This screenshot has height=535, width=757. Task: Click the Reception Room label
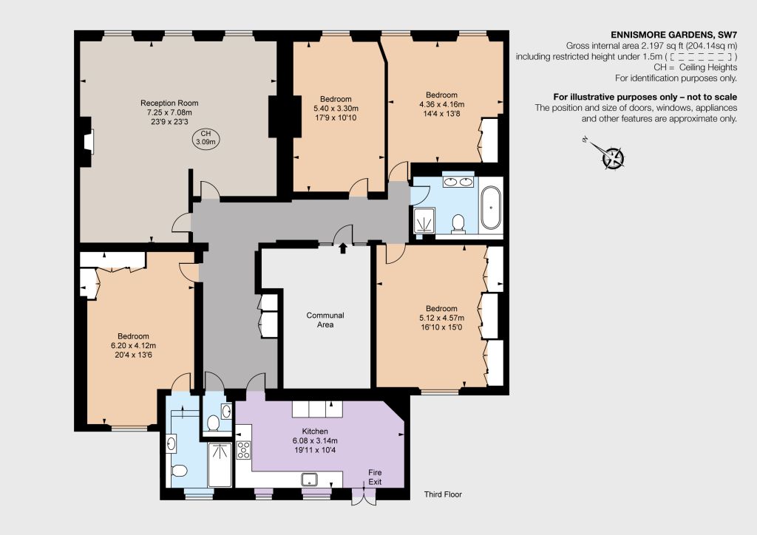tap(169, 103)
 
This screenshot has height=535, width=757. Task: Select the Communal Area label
tap(325, 320)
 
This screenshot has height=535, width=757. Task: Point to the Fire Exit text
tap(375, 477)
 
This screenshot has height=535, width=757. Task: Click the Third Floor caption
tap(444, 494)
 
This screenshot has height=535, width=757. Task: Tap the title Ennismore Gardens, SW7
tap(674, 35)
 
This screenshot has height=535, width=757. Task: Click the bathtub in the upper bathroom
tap(491, 208)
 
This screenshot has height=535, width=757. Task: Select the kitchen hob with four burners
tap(243, 449)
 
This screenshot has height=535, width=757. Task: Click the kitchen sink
tap(310, 479)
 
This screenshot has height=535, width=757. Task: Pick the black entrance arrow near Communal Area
tap(343, 248)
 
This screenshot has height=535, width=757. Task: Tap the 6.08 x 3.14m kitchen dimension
tap(315, 440)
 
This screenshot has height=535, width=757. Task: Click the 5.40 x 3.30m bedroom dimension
tap(336, 108)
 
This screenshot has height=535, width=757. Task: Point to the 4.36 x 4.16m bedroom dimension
tap(442, 104)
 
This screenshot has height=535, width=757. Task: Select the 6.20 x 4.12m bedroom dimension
tap(133, 345)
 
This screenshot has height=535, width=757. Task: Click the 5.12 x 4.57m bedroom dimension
tap(442, 318)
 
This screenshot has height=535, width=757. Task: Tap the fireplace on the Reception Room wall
tap(89, 143)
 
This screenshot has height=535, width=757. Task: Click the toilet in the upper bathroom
tap(458, 223)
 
